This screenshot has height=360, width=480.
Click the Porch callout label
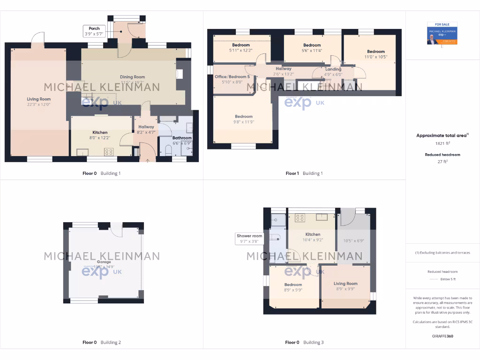pyautogui.click(x=94, y=31)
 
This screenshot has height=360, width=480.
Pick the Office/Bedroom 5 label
pyautogui.click(x=232, y=79)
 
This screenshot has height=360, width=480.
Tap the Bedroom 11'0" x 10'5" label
pyautogui.click(x=376, y=54)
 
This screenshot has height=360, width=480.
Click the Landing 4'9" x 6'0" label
pyautogui.click(x=333, y=72)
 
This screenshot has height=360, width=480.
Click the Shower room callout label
pyautogui.click(x=249, y=239)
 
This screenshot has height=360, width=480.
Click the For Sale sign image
pyautogui.click(x=442, y=34)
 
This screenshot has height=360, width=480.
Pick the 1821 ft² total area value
pyautogui.click(x=442, y=143)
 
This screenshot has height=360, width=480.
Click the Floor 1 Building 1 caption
pyautogui.click(x=304, y=173)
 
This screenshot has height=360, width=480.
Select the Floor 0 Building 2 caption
pyautogui.click(x=102, y=343)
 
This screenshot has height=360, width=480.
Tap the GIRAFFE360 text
pyautogui.click(x=442, y=336)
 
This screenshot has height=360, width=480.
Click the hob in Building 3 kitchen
pyautogui.click(x=300, y=217)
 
